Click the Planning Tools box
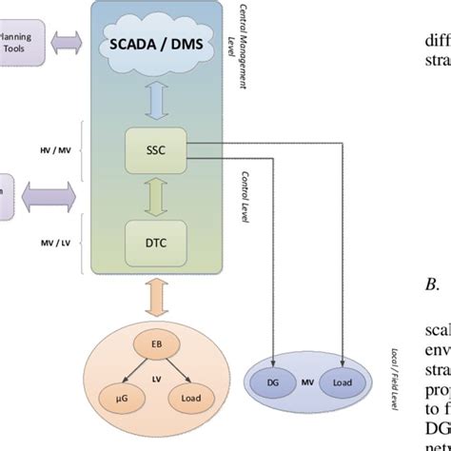tap(19, 42)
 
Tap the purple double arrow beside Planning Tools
tap(68, 43)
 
